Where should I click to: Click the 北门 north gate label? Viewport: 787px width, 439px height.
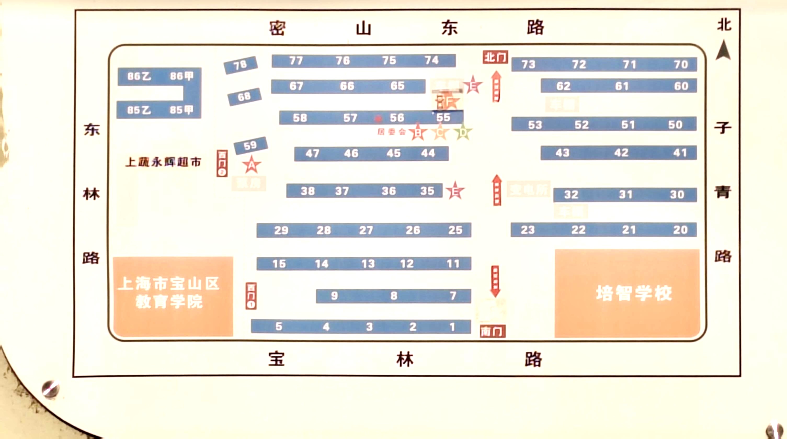(x=495, y=57)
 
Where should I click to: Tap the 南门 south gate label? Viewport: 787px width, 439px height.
(x=493, y=331)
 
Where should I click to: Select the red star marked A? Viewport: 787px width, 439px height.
(x=252, y=165)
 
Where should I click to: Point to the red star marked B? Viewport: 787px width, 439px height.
(x=418, y=132)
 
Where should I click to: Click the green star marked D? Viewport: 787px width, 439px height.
(x=463, y=132)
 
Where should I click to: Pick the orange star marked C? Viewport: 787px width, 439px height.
(x=440, y=132)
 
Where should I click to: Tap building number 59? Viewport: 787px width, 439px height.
(x=250, y=145)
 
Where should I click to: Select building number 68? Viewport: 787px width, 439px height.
(x=244, y=97)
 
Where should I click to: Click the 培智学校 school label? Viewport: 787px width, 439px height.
(x=634, y=293)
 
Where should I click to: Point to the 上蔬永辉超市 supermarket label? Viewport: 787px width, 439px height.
(x=163, y=162)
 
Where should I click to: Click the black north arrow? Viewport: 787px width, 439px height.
(x=723, y=50)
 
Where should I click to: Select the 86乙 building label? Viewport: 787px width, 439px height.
(x=139, y=76)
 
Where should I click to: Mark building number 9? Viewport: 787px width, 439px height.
(x=334, y=296)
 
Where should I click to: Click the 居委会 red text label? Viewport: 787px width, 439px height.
(x=391, y=132)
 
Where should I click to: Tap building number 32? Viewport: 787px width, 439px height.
(x=571, y=195)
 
